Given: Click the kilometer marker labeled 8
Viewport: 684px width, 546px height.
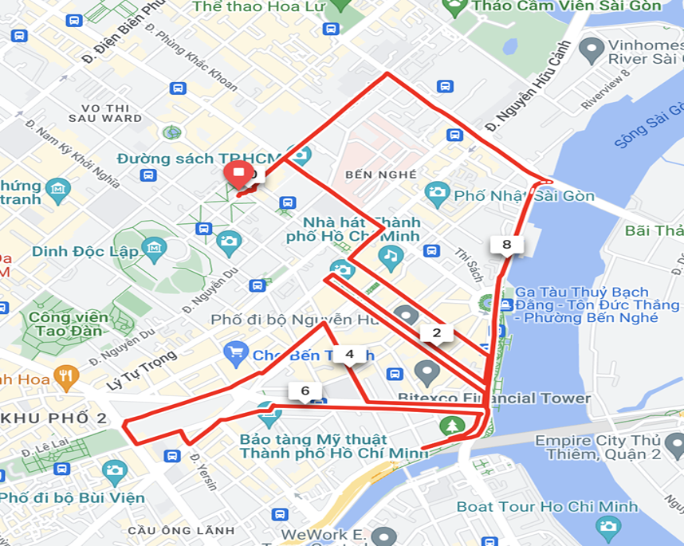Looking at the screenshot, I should [507, 245].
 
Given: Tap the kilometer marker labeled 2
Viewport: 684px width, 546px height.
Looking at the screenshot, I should [436, 333].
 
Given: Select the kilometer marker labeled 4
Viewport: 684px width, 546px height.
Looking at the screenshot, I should [349, 353].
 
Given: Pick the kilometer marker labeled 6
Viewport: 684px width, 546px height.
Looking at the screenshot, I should [305, 391].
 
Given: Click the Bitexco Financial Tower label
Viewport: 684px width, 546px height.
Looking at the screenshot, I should [494, 398].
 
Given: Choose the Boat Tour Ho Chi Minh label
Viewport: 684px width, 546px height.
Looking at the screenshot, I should [547, 506].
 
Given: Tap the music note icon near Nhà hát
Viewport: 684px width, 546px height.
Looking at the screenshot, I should [390, 256].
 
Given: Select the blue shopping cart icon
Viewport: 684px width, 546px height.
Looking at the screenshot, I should [236, 352].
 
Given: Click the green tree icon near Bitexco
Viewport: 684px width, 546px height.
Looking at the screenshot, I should [454, 426].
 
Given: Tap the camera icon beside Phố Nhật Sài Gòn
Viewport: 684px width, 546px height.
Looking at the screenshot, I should [437, 192].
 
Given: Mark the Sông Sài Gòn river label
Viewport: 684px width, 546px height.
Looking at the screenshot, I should [646, 131].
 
